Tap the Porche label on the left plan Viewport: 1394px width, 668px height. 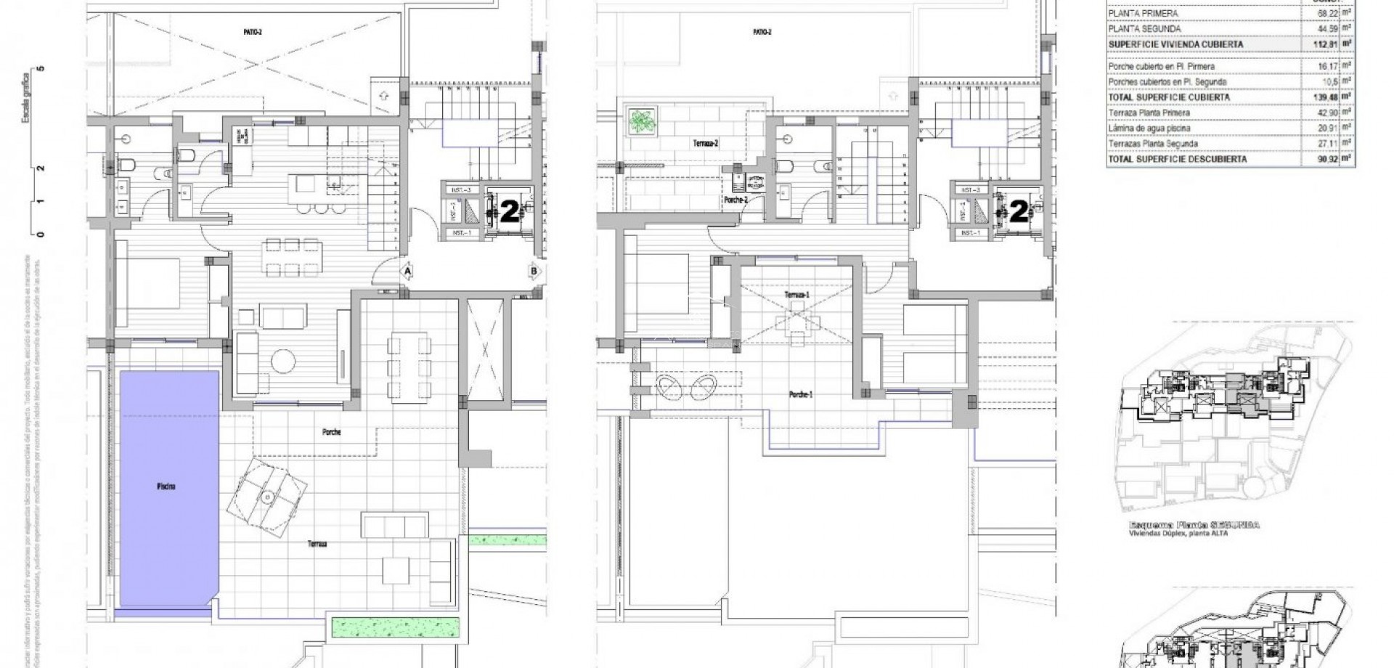(x=332, y=432)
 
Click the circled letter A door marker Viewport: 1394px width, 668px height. (x=408, y=271)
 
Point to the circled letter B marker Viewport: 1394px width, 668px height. (x=534, y=271)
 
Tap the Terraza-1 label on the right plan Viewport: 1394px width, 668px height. (x=796, y=295)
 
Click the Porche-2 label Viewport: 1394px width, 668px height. (x=735, y=200)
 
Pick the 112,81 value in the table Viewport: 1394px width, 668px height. (x=1320, y=44)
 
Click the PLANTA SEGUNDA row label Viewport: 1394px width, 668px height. (x=1144, y=28)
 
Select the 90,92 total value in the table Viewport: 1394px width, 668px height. (x=1320, y=158)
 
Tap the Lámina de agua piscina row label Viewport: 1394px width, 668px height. (x=1149, y=128)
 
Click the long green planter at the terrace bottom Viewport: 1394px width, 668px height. (x=396, y=625)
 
